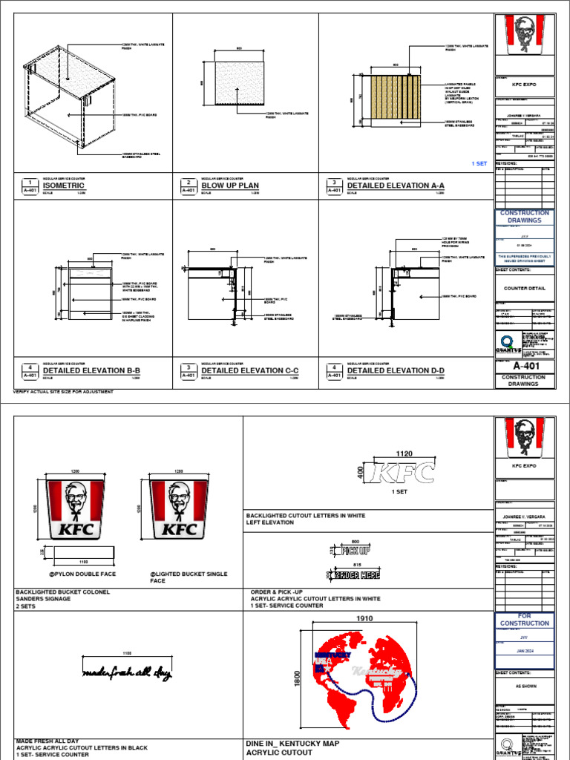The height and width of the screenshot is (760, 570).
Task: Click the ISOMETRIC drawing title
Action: coord(64,186)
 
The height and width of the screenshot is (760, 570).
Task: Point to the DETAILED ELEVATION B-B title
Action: coord(91,370)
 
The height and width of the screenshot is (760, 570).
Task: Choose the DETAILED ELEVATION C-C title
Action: coord(250,370)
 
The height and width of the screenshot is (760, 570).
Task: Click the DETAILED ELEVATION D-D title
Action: coord(396,370)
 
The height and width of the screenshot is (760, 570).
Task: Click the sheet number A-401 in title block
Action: coord(524,365)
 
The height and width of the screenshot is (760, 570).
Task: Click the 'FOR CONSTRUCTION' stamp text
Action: coord(524,619)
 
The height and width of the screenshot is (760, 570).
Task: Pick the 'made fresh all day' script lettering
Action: coord(127,673)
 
